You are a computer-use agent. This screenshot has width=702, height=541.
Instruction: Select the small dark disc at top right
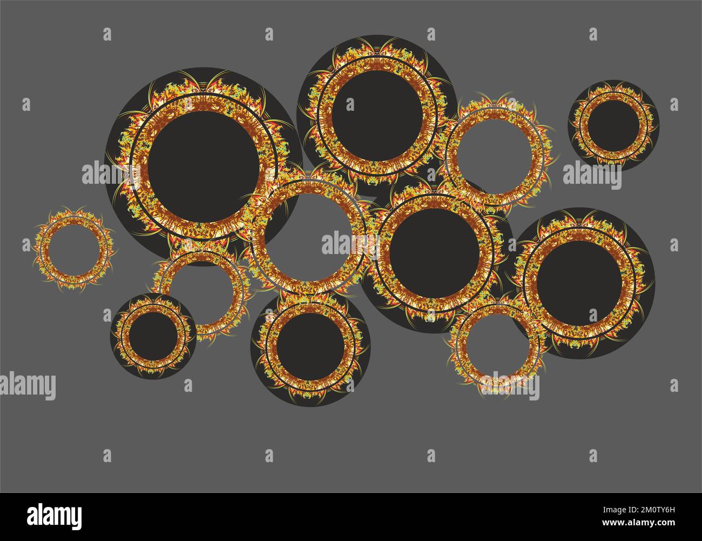coord(613,124)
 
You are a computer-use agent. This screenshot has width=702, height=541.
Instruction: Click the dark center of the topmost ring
coord(376,115)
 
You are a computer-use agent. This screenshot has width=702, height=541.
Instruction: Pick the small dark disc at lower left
coord(153,336)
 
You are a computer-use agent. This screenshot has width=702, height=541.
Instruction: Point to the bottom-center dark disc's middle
coord(310,347)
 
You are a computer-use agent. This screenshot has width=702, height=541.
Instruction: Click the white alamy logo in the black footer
coord(55,515)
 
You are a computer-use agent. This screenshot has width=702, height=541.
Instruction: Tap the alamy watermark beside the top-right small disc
coord(592,175)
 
